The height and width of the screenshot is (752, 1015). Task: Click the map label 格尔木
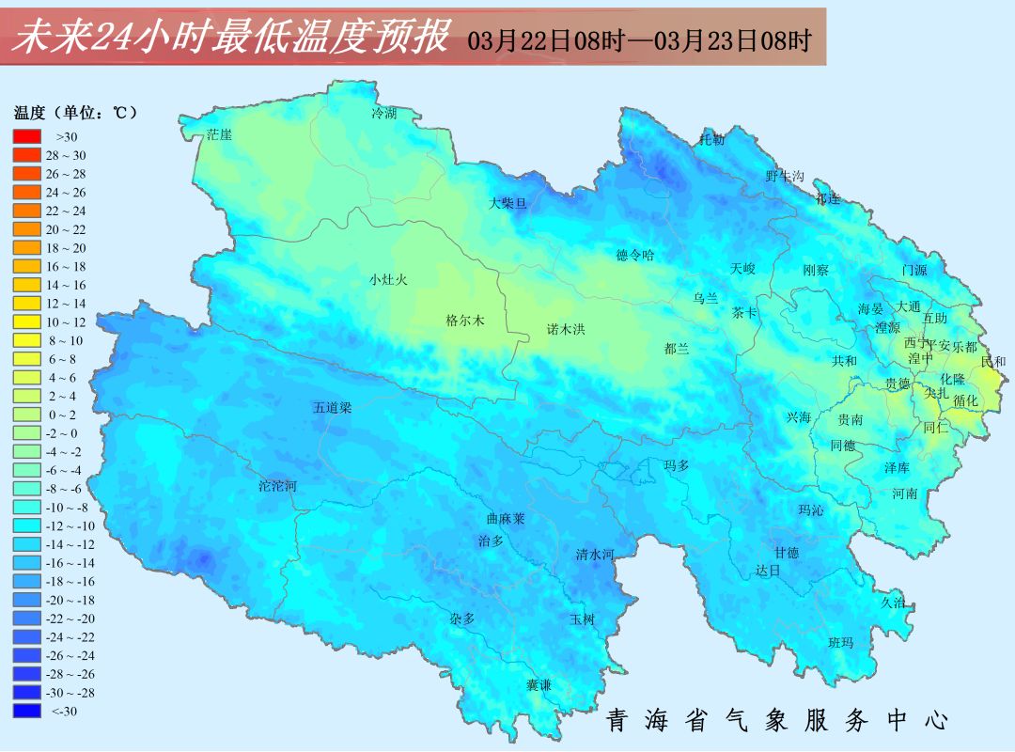(464, 321)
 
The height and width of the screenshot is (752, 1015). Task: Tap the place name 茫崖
(219, 134)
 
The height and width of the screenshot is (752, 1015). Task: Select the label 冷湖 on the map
(383, 114)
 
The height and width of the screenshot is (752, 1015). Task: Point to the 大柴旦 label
(508, 202)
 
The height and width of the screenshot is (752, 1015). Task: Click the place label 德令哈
(634, 255)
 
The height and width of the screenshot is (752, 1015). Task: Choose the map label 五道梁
(332, 408)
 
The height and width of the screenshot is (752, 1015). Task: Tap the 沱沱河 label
(277, 487)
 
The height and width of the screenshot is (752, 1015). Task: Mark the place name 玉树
(582, 619)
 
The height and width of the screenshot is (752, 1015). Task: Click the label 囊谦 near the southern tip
(539, 685)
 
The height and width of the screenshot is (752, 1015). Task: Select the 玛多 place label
(676, 465)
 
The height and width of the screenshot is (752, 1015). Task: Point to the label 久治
(893, 603)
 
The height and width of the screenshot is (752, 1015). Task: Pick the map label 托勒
(711, 140)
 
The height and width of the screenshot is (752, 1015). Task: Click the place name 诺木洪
(566, 329)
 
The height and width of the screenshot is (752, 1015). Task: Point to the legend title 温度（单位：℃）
(75, 113)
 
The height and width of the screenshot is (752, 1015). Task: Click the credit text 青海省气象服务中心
(776, 721)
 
